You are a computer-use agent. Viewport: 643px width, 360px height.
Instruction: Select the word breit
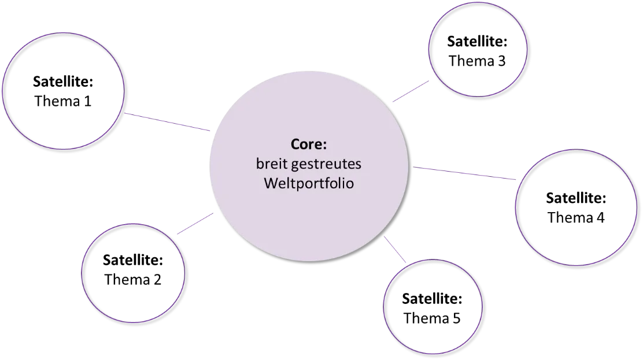[272, 164]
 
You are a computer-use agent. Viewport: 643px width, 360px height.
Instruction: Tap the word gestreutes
[326, 165]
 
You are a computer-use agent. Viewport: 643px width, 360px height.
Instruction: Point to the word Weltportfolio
[309, 184]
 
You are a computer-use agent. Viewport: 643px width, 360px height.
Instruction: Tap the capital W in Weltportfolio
[271, 184]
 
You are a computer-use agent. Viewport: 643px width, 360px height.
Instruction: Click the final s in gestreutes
[358, 165]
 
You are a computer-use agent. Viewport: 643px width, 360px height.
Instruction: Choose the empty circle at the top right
[478, 49]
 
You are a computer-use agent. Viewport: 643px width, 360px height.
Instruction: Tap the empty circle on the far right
[575, 207]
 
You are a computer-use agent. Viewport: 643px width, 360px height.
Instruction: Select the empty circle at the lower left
[133, 273]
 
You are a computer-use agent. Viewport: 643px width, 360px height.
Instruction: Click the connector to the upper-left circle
[168, 123]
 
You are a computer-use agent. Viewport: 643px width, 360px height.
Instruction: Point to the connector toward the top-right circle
[410, 92]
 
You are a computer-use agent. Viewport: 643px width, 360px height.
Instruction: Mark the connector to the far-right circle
[465, 173]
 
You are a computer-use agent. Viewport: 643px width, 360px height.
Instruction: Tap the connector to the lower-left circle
[197, 224]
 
